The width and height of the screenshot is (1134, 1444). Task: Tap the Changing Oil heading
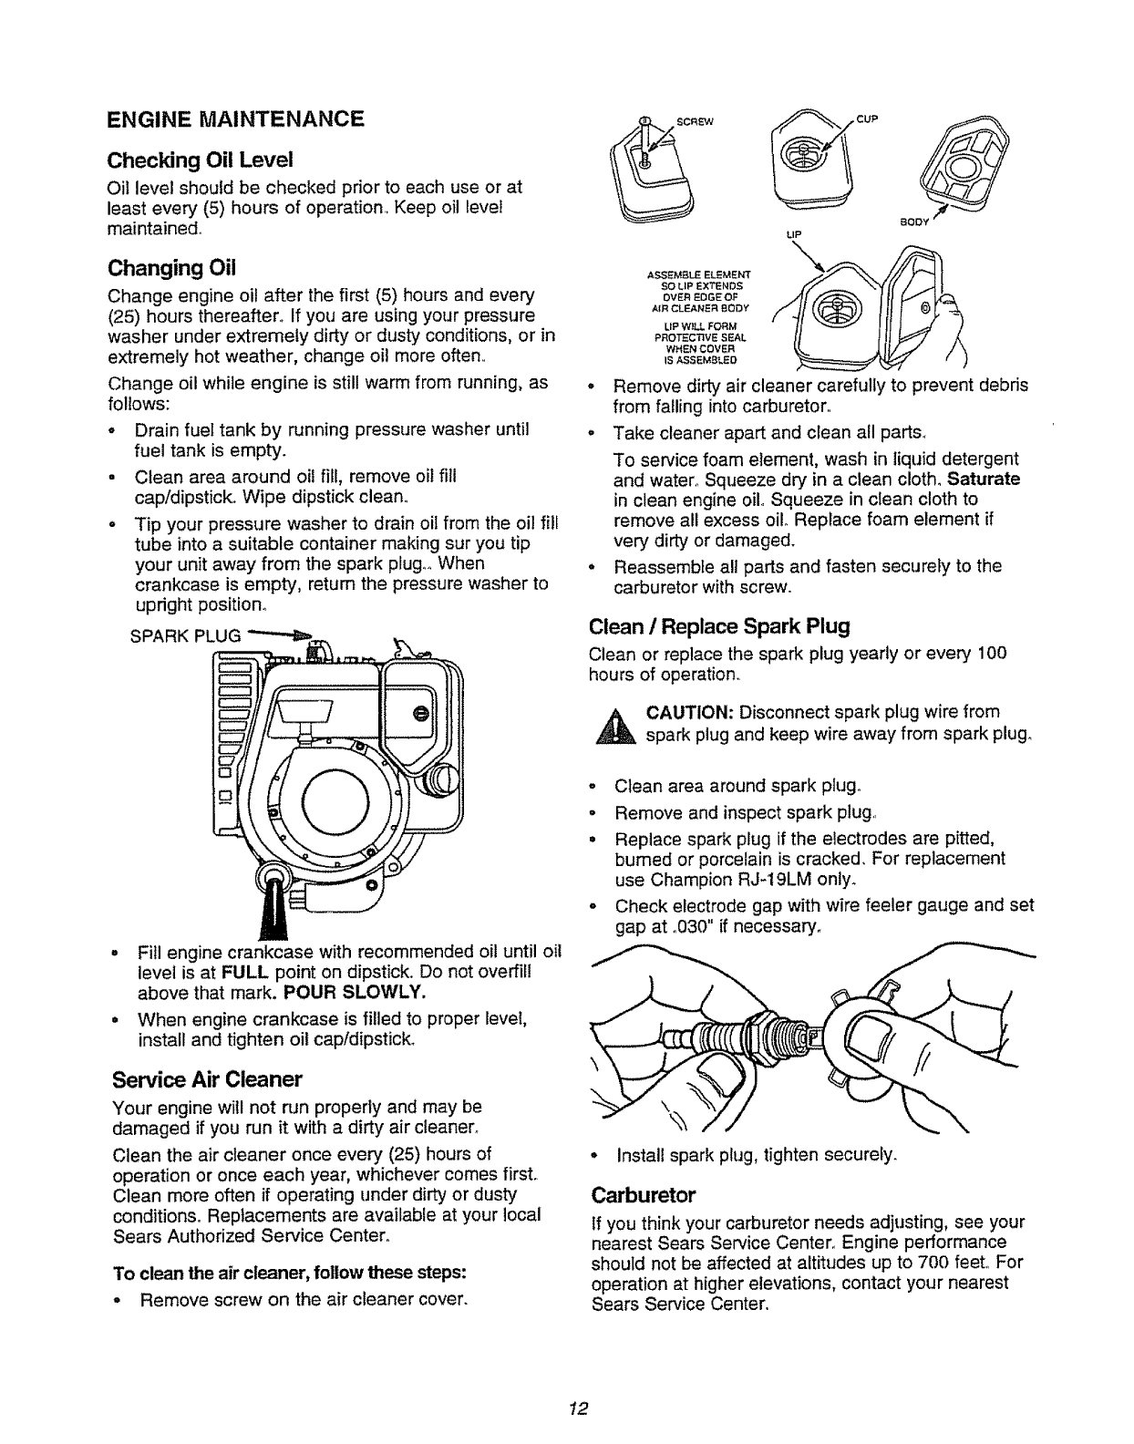(171, 268)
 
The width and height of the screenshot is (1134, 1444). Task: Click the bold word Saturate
(985, 479)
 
